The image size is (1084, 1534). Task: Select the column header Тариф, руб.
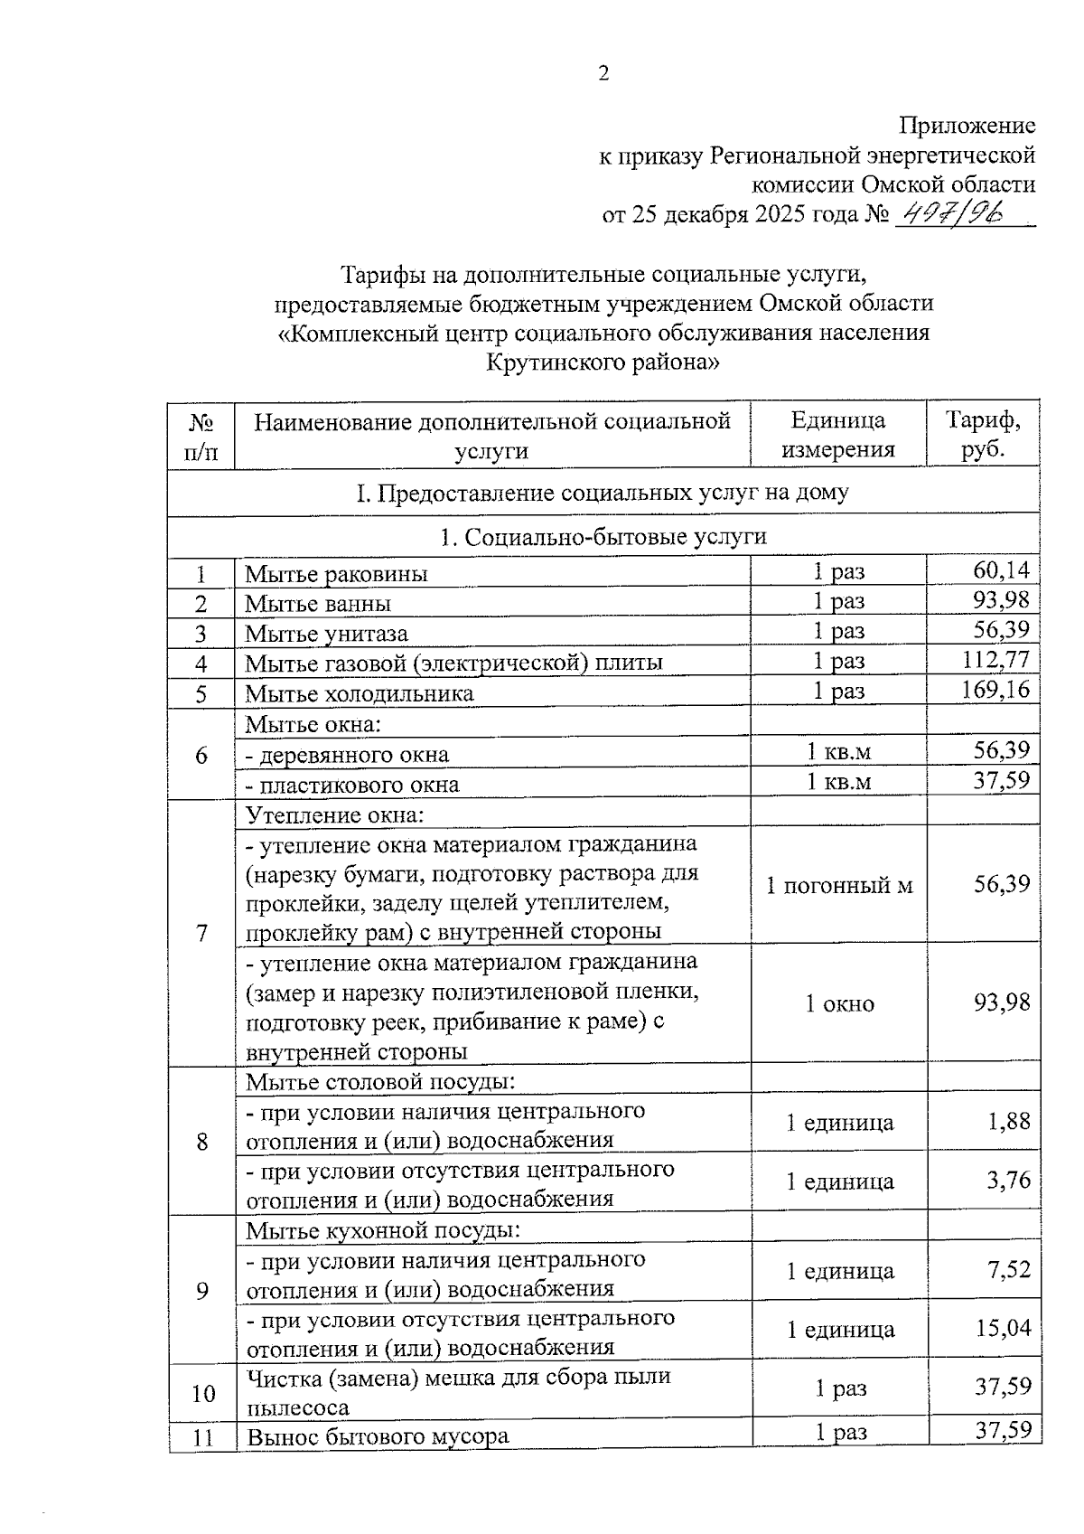click(983, 435)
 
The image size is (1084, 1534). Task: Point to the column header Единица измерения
click(837, 435)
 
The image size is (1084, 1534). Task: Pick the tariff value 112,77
click(995, 660)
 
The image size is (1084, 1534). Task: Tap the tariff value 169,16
click(995, 691)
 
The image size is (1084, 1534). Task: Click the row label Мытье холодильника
click(360, 693)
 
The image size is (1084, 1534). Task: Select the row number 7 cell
click(201, 932)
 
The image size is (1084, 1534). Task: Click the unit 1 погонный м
click(839, 886)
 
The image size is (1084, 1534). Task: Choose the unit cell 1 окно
click(839, 1003)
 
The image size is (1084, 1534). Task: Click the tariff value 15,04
click(1003, 1329)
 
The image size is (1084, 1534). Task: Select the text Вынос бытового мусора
click(377, 1435)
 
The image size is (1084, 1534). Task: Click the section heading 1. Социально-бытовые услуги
click(603, 537)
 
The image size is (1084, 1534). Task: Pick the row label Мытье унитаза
click(326, 634)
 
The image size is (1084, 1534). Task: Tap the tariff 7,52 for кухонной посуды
click(1008, 1270)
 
